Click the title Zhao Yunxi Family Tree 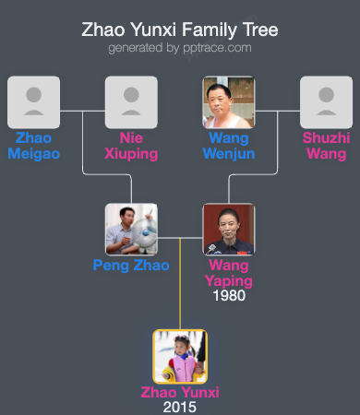coord(180,30)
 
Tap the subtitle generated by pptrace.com coord(180,47)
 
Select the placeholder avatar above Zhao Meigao coord(33,101)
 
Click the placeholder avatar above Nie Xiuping coord(131,101)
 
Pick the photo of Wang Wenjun coord(229,101)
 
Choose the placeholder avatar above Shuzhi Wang coord(327,101)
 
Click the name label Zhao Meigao coord(33,146)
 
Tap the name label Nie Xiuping coord(131,146)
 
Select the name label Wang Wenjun coord(229,146)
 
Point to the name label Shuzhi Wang coord(327,146)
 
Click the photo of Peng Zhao coord(131,229)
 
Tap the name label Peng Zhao coord(131,266)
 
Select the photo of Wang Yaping coord(229,229)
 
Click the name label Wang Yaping coord(229,273)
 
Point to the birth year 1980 coord(229,296)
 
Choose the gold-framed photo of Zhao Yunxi coord(180,356)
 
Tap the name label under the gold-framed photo coord(180,392)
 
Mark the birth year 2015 coord(180,407)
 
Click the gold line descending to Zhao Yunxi coord(180,295)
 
